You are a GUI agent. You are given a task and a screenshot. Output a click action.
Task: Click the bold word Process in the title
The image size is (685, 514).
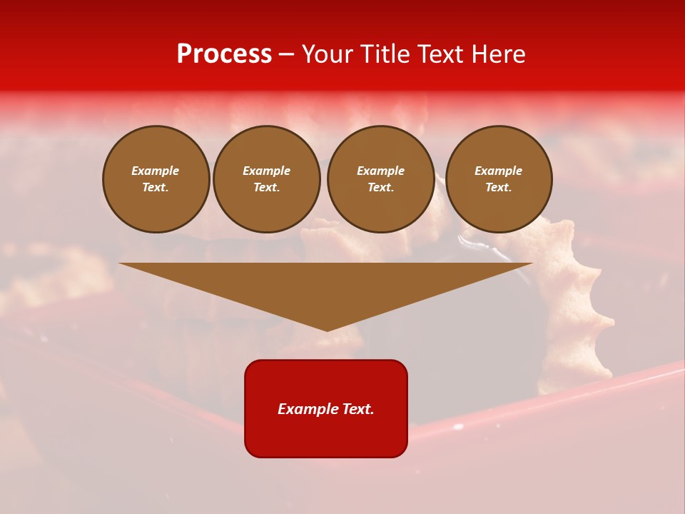(224, 54)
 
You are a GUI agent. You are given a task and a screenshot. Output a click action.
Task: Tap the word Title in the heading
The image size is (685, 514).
(385, 54)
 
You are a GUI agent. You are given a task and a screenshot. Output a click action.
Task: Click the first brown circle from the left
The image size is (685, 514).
(156, 179)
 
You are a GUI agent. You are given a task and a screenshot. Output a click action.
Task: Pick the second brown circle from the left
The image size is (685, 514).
(266, 179)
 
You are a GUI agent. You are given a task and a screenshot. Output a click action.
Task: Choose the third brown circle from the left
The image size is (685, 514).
(380, 179)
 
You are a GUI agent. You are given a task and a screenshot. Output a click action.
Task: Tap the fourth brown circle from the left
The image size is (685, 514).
(498, 179)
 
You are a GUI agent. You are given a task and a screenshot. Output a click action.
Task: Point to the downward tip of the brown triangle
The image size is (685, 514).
(327, 330)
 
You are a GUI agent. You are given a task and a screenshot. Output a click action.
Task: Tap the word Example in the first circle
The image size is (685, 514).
(156, 171)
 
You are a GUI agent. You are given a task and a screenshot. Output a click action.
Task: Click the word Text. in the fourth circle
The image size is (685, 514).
(498, 188)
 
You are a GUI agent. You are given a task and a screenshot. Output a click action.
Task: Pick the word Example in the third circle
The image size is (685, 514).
(380, 171)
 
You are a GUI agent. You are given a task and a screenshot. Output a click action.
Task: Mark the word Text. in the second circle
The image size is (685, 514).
(266, 188)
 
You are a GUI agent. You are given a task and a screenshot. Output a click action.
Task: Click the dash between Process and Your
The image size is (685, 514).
(287, 54)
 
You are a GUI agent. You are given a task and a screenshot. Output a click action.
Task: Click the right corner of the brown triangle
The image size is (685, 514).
(532, 264)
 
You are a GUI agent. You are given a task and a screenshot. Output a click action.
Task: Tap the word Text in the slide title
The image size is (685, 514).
(440, 54)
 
